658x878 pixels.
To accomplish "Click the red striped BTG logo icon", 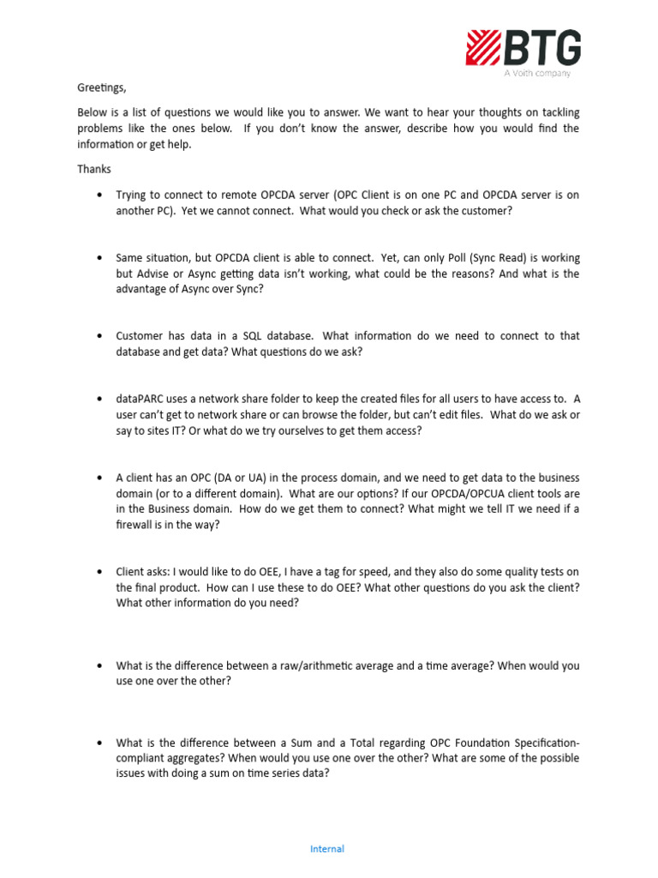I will [x=483, y=47].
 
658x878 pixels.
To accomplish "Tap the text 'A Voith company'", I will [x=536, y=74].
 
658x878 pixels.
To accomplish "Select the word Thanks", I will [x=94, y=169].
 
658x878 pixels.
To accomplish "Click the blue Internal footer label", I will [x=327, y=849].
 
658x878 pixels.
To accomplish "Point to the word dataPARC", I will [x=141, y=399].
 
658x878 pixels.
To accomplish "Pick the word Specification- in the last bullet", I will [x=538, y=743].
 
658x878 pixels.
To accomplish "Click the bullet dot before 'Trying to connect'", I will [x=101, y=195].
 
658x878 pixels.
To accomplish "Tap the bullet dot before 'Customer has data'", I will [x=101, y=336].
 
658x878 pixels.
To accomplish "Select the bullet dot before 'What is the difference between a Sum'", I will [x=101, y=743].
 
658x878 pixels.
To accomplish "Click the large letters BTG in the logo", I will [x=543, y=47].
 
